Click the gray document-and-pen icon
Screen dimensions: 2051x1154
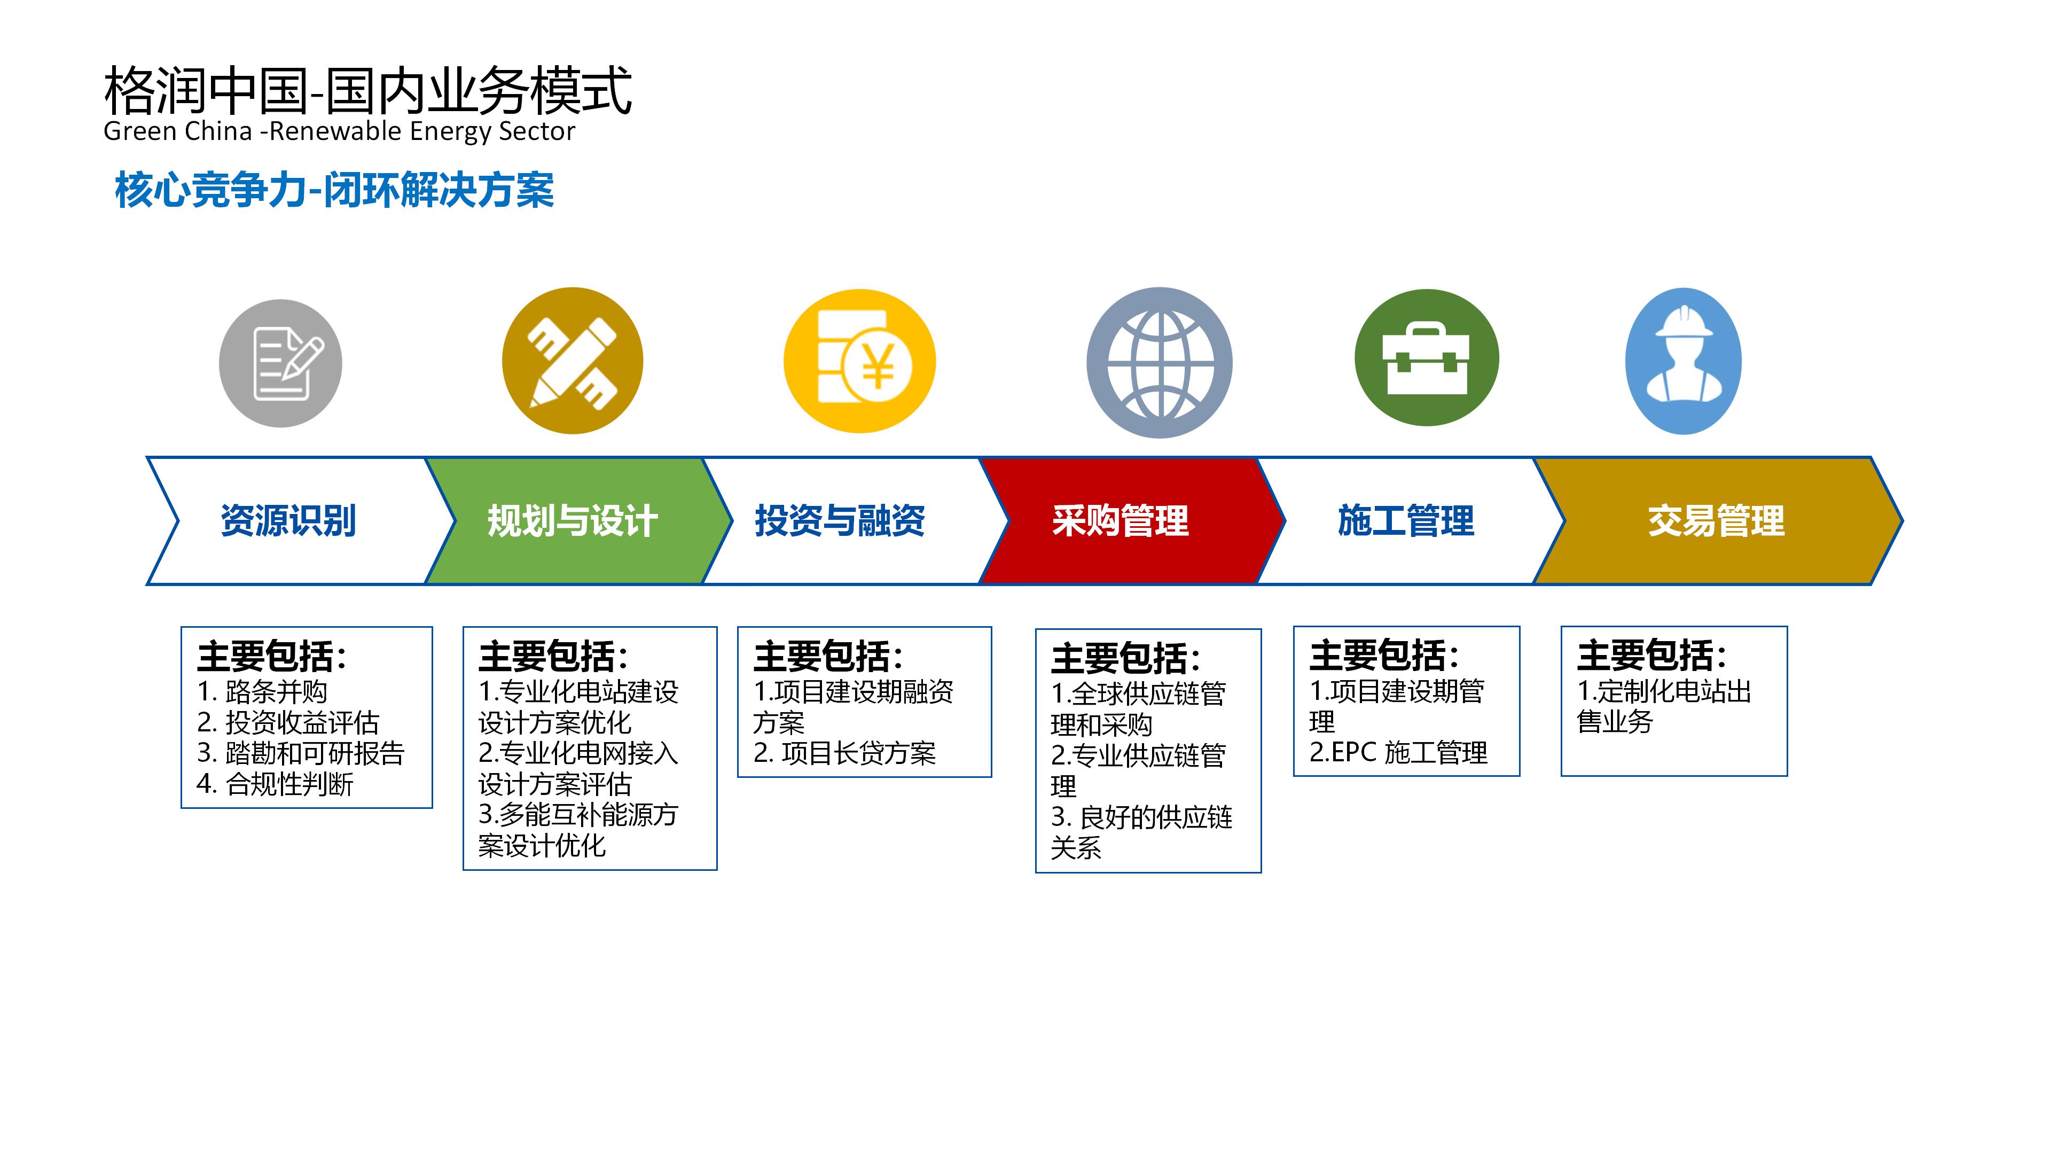280,363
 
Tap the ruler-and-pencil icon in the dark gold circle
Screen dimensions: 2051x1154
573,361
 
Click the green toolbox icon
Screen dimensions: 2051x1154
1426,357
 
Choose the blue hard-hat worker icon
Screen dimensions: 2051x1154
1683,361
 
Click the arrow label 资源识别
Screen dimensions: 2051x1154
288,521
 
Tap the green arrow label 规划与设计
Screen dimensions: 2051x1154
573,521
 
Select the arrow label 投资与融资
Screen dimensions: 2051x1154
840,521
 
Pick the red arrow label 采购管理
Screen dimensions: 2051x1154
1120,521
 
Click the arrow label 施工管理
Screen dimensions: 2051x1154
1406,521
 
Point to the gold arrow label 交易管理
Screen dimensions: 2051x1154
1717,521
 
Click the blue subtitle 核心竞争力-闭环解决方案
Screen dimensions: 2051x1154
334,190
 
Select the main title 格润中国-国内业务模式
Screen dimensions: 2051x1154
368,89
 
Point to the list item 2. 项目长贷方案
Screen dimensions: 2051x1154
845,753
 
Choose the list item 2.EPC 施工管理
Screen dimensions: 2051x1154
1398,753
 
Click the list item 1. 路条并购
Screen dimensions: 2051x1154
262,691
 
